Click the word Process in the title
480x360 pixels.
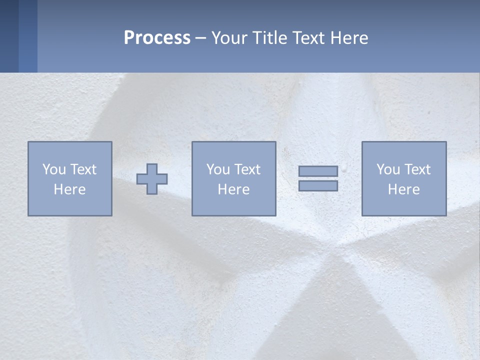[x=157, y=38]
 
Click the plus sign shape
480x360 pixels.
[x=152, y=179]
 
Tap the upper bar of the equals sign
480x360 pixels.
[x=318, y=171]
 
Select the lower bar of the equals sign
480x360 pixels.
[x=318, y=186]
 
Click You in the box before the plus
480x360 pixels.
[x=53, y=169]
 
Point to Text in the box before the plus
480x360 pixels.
[x=82, y=169]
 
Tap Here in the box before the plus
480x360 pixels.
[x=69, y=189]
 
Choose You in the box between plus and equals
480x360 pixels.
[x=217, y=169]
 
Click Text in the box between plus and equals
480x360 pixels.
[x=246, y=169]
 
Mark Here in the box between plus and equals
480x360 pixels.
[x=233, y=189]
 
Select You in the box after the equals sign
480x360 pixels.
[x=387, y=169]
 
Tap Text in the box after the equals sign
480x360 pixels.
[x=416, y=169]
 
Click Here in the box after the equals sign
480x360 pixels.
[x=403, y=189]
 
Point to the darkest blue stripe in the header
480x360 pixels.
[x=9, y=36]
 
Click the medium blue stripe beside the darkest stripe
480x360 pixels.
[x=28, y=36]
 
